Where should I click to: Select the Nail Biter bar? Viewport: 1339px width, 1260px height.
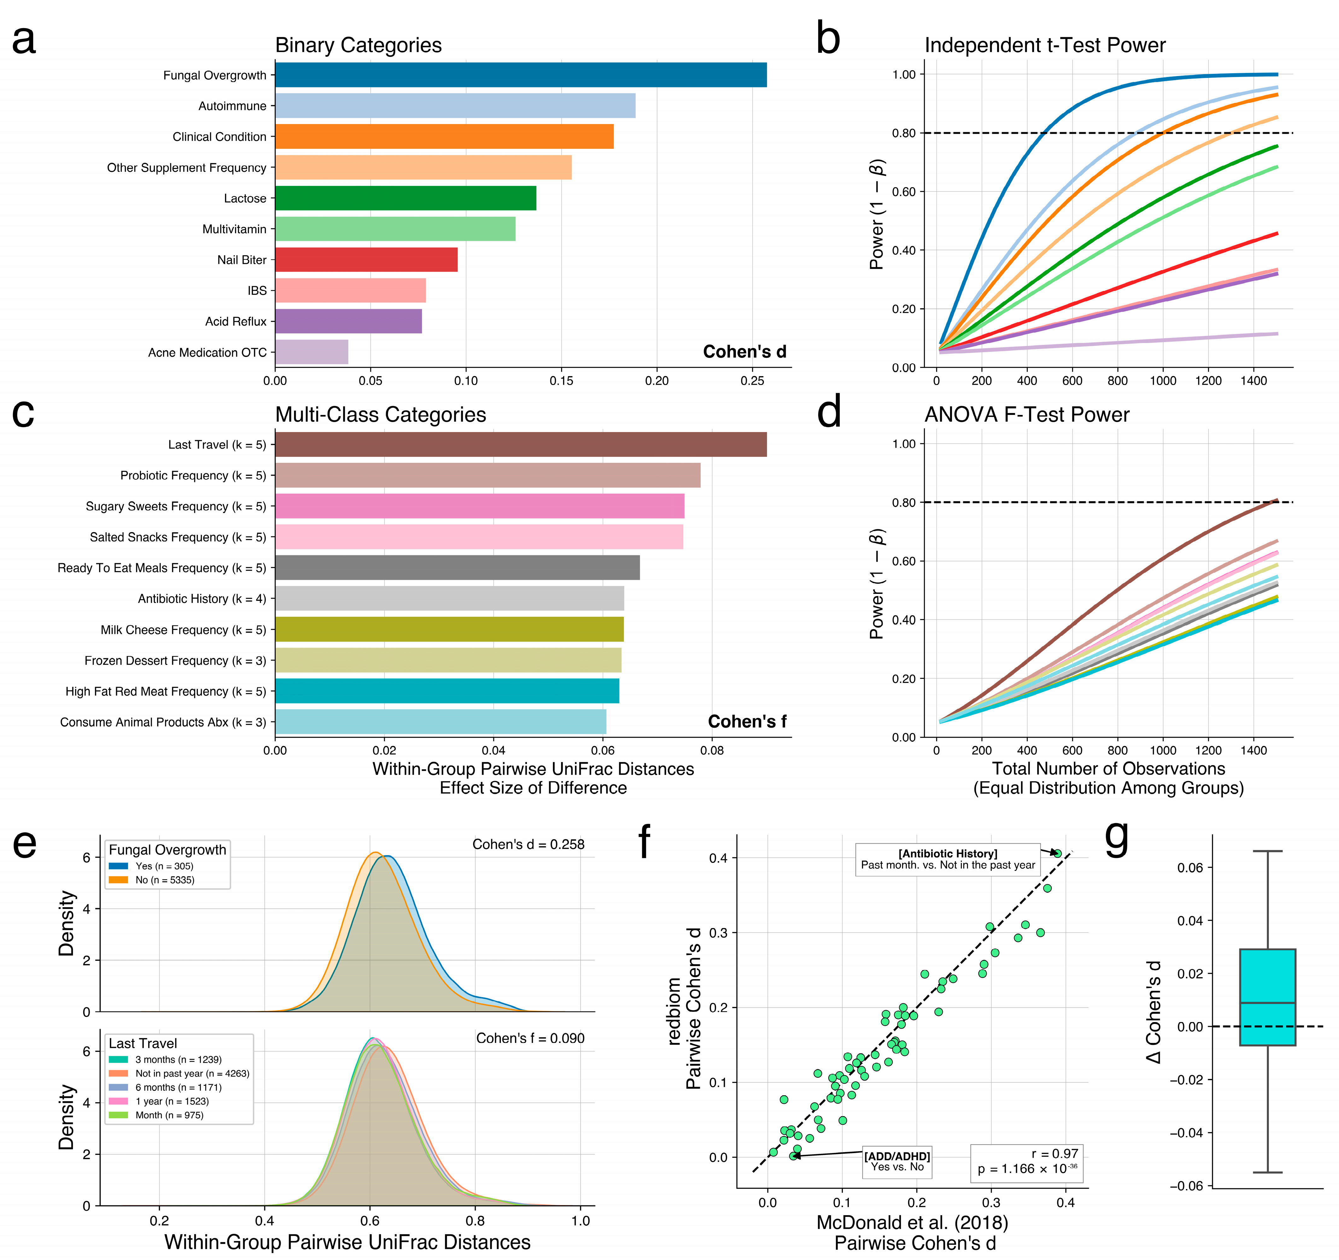coord(367,259)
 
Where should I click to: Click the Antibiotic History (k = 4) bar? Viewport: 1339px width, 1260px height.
coord(449,598)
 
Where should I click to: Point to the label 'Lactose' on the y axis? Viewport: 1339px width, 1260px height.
coord(245,198)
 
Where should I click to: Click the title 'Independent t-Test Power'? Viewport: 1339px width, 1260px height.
coord(1045,45)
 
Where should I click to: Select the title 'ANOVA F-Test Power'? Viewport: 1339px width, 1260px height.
coord(1026,414)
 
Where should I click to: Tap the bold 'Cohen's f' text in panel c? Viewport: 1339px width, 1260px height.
coord(747,722)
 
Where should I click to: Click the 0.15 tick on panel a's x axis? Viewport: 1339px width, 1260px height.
coord(561,381)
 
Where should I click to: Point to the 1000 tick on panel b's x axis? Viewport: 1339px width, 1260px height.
coord(1163,381)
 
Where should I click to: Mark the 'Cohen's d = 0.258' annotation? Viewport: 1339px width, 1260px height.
coord(528,844)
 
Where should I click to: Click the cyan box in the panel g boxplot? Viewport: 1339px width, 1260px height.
coord(1267,997)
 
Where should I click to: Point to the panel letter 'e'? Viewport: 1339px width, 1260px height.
coord(25,844)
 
